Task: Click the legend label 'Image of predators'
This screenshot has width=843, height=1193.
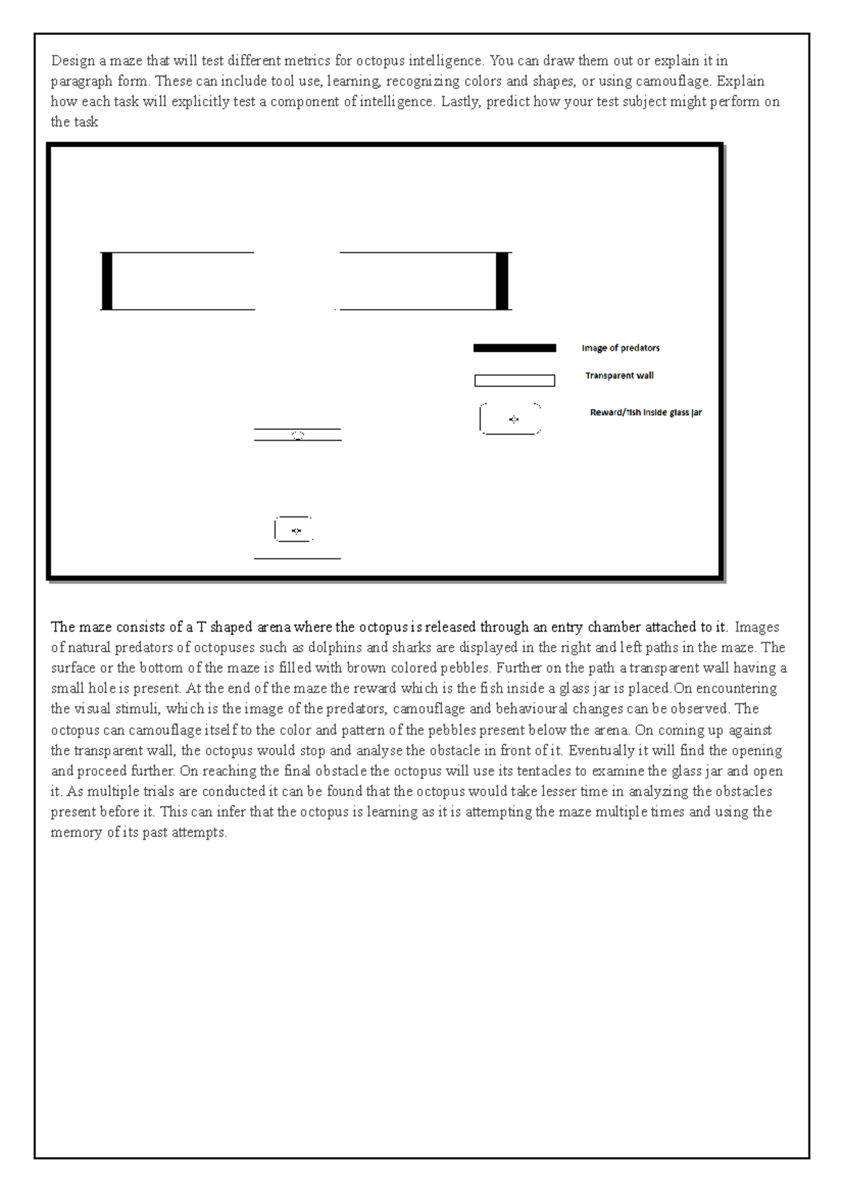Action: (620, 348)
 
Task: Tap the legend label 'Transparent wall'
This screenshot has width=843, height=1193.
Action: (619, 376)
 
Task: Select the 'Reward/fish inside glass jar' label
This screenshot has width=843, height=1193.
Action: (646, 412)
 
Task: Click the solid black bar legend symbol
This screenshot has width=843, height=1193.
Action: (514, 348)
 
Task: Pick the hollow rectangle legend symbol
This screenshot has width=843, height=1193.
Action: (514, 381)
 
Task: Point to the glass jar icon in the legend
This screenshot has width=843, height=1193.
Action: (511, 419)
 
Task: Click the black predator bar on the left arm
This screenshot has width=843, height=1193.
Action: (107, 281)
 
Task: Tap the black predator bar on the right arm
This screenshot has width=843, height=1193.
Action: (502, 281)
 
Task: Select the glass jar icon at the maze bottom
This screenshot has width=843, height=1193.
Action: (294, 530)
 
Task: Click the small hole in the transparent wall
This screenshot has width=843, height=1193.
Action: (298, 435)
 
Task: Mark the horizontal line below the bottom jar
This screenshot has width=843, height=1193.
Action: (297, 559)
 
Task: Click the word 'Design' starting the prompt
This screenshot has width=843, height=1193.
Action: (72, 60)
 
